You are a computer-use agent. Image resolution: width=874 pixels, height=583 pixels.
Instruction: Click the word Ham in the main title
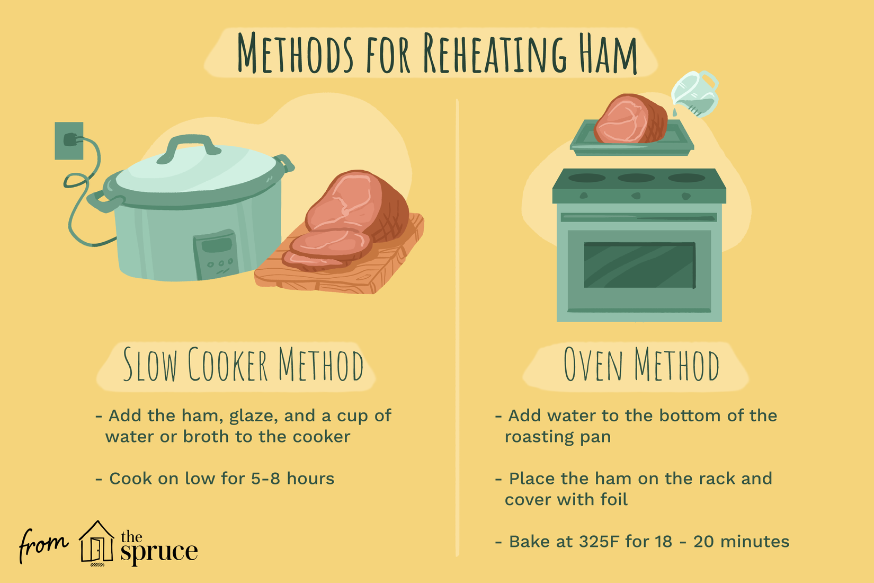[608, 54]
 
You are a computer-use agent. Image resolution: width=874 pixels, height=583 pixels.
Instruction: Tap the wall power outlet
[69, 140]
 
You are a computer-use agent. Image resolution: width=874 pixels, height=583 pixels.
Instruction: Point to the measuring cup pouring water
[695, 94]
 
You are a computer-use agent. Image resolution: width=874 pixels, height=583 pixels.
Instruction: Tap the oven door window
[639, 265]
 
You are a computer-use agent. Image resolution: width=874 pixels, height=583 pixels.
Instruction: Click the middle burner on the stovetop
[636, 178]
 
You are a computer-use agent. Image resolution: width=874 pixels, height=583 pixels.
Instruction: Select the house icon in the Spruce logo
[96, 543]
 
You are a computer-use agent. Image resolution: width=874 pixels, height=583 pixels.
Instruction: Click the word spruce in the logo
[159, 552]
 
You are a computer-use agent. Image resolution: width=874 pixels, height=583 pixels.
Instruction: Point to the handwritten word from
[43, 544]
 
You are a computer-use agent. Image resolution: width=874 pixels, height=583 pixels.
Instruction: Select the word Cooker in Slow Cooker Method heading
[228, 364]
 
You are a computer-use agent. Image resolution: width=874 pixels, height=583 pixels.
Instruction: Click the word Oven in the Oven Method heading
[593, 364]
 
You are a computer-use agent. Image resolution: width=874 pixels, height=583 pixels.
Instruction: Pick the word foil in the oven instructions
[614, 499]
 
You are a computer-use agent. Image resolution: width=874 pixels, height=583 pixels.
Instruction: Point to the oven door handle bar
[639, 217]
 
